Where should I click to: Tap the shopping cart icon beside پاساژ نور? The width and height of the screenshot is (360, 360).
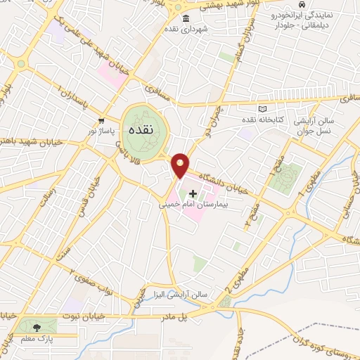pos(104,120)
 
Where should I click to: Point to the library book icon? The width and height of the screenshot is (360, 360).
pos(264,110)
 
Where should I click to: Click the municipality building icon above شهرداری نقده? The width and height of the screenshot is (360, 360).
pos(186,18)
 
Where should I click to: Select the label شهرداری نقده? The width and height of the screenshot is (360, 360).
pos(186,30)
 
